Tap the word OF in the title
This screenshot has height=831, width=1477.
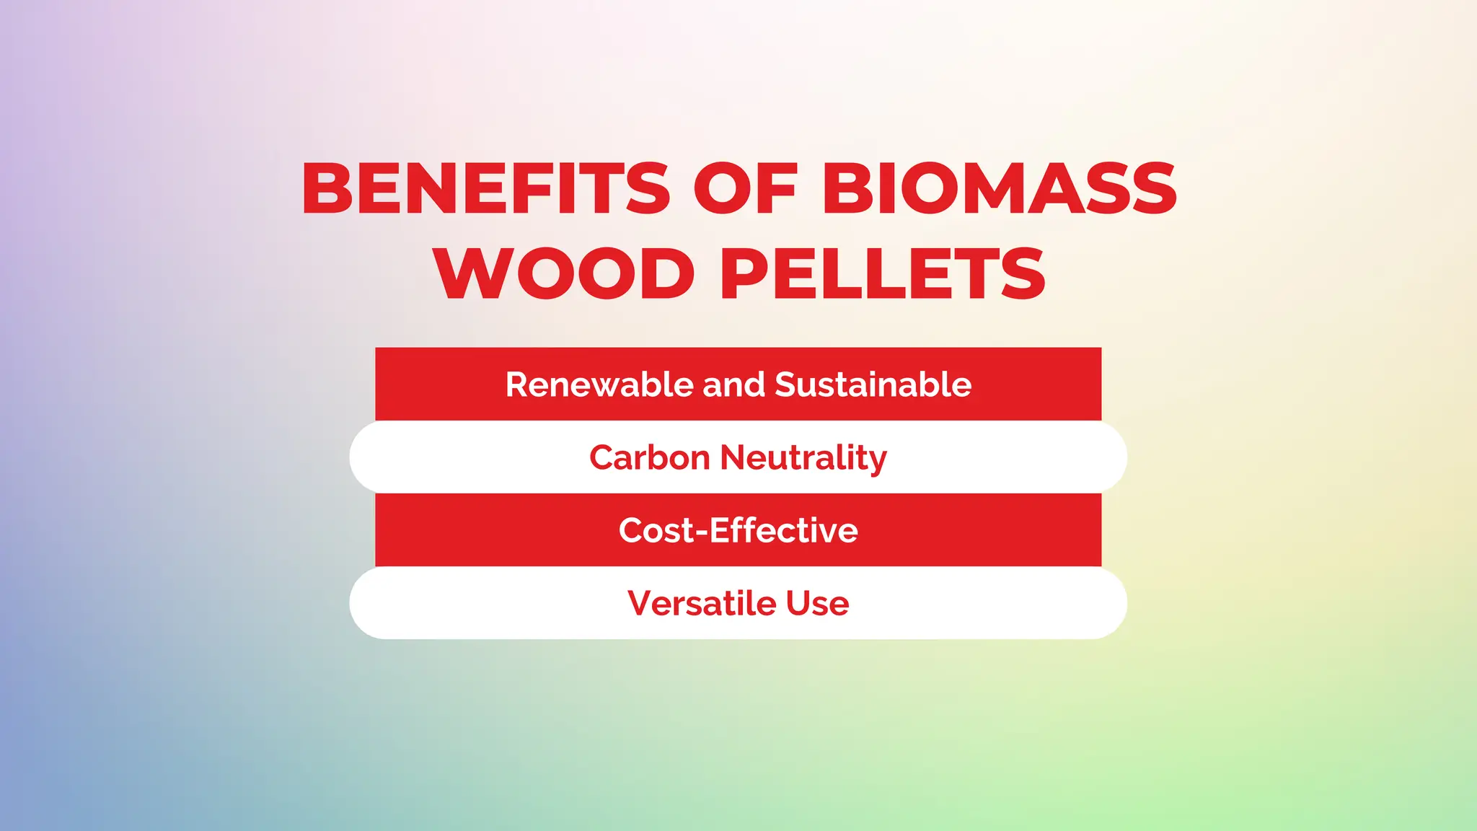[x=746, y=188]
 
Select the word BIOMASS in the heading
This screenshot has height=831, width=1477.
[x=1000, y=188]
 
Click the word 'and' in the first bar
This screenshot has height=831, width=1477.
[x=733, y=384]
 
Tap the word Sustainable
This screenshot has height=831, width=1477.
[x=873, y=384]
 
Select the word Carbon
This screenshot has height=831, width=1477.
[x=650, y=457]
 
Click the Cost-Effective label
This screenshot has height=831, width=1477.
[x=738, y=530]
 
